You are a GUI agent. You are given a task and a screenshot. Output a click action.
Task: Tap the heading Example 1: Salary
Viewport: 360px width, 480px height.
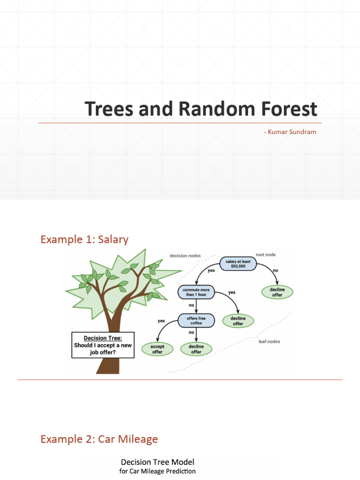point(84,240)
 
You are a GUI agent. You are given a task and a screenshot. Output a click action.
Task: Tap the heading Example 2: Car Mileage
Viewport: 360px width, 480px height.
point(99,439)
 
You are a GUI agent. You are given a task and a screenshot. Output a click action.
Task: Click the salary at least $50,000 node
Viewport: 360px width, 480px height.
point(238,264)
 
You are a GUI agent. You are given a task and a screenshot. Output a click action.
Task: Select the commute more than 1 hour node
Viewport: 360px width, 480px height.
point(196,292)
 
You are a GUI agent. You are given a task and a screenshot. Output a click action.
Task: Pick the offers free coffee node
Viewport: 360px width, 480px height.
point(196,321)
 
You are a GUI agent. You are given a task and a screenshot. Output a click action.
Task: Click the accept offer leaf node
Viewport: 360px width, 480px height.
point(157,349)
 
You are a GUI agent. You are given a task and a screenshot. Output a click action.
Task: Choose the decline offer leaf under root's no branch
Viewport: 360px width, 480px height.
point(277,292)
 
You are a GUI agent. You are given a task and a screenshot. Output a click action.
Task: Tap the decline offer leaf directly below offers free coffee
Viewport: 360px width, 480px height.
point(196,349)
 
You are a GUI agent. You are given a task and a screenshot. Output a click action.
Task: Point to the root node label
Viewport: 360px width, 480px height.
point(265,255)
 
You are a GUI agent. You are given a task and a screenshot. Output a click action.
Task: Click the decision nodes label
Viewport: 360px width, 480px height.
point(185,256)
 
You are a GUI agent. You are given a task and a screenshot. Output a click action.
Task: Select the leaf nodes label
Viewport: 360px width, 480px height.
point(270,341)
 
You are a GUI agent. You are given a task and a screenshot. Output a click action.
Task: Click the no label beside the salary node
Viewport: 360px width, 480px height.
point(275,270)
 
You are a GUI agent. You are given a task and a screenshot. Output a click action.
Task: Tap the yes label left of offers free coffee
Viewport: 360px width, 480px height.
point(161,321)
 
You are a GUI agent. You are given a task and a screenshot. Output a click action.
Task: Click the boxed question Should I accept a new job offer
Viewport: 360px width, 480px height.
point(103,345)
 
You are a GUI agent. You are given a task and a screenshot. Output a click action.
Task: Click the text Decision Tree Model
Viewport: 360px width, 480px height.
point(157,462)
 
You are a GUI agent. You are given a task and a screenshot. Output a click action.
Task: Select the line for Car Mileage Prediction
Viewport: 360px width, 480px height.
point(157,471)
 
